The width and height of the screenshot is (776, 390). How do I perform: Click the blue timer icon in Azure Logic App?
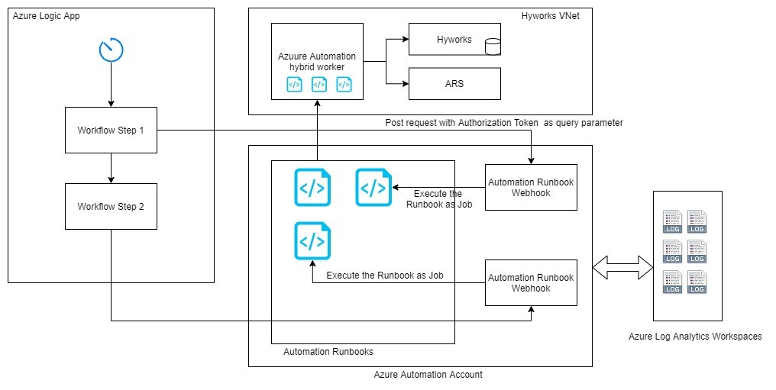click(111, 50)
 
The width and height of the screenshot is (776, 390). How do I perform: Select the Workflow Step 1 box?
click(111, 131)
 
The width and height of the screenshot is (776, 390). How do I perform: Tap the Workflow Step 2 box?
click(111, 206)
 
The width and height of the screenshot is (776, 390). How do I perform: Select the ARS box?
click(454, 84)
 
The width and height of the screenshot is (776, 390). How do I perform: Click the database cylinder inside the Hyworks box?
click(492, 47)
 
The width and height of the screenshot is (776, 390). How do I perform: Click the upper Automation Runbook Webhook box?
click(531, 188)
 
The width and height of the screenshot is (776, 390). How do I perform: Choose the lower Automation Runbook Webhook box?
click(531, 282)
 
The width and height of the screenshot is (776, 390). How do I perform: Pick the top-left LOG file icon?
click(672, 221)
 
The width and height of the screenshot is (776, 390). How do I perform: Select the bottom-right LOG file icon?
click(697, 282)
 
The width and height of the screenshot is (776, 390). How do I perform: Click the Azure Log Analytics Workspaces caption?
click(694, 336)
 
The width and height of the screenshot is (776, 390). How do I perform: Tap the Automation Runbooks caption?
click(328, 352)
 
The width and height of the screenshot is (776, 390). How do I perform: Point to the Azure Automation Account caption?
click(428, 375)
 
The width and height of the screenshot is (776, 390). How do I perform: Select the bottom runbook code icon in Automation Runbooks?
click(312, 240)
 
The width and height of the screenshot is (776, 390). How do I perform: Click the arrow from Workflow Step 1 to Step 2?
click(111, 168)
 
